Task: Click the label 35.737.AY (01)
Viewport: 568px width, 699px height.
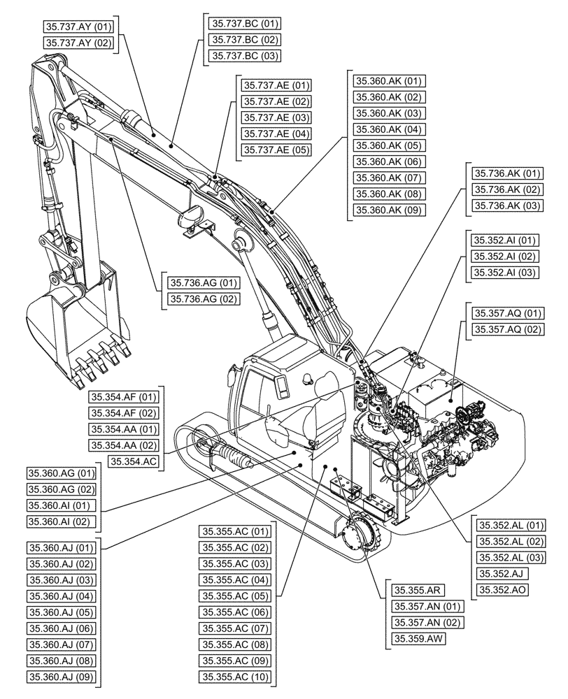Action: [78, 27]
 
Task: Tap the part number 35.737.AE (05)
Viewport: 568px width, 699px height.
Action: [276, 150]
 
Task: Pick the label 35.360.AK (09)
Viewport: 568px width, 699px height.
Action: [389, 210]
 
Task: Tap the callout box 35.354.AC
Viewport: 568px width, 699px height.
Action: [135, 461]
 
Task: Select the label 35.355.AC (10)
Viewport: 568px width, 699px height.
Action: [235, 676]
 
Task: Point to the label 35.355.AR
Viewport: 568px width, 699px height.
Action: [416, 590]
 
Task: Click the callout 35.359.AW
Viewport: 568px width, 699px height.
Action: [418, 638]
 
